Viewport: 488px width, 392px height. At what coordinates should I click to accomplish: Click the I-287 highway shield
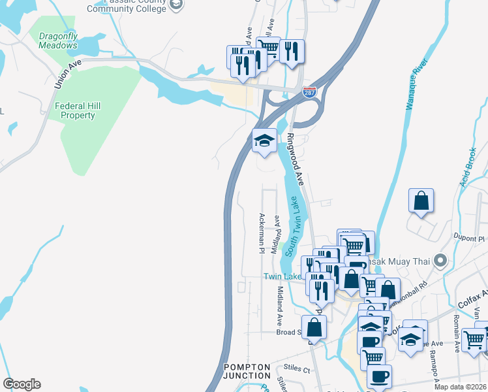pyautogui.click(x=309, y=93)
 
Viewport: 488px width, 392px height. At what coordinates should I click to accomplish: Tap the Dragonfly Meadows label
pyautogui.click(x=57, y=41)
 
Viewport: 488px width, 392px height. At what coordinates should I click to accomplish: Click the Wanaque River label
pyautogui.click(x=415, y=85)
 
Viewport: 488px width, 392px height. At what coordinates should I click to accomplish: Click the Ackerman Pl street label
pyautogui.click(x=262, y=233)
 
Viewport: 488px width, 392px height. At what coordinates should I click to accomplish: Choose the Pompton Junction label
pyautogui.click(x=247, y=371)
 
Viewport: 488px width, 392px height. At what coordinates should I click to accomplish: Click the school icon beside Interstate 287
pyautogui.click(x=264, y=140)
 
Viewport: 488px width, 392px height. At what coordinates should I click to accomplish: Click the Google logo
pyautogui.click(x=22, y=384)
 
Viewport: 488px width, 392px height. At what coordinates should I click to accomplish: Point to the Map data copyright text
pyautogui.click(x=461, y=387)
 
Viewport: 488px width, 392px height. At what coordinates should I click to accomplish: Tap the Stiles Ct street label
pyautogui.click(x=297, y=369)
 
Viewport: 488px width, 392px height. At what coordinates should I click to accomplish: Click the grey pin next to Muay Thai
pyautogui.click(x=440, y=261)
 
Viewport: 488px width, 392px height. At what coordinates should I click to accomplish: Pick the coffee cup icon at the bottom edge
pyautogui.click(x=379, y=376)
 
